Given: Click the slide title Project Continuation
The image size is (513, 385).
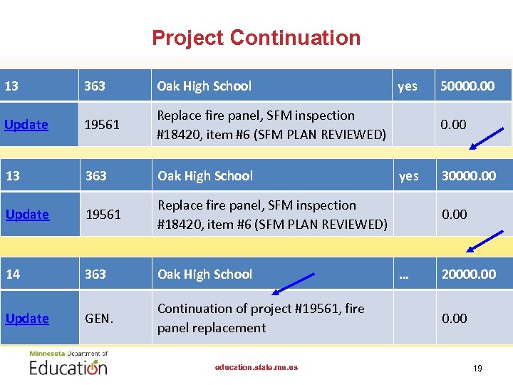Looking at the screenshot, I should pos(256,37).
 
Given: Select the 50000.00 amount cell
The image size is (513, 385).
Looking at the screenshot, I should pos(467,86).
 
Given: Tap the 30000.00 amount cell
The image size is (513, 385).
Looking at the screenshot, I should pos(468,176).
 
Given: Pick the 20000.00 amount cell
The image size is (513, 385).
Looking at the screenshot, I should pos(468,274).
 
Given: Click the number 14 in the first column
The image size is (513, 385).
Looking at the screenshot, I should pos(13,274).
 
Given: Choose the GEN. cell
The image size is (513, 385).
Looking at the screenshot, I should pos(99,319).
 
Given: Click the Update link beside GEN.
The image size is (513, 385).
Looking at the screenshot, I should pos(26,319).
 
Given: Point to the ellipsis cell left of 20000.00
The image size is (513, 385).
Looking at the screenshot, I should pos(404,274).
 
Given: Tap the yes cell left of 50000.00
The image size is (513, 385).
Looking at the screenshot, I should pos(408,86).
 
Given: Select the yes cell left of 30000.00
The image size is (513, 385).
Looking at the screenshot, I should pos(408,176).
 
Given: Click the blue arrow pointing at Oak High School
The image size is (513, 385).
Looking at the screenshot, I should pos(294,284).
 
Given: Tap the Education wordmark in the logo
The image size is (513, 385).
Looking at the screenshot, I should pos(68,367).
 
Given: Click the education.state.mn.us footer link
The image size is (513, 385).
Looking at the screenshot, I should pos(256,368).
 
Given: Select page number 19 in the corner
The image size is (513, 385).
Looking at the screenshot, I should pos(477,369).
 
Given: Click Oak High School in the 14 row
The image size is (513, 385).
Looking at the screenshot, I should pos(204,274).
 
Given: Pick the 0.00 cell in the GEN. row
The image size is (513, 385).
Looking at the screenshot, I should pos(454,319).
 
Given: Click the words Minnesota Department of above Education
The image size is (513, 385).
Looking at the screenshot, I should pos(68,354).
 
